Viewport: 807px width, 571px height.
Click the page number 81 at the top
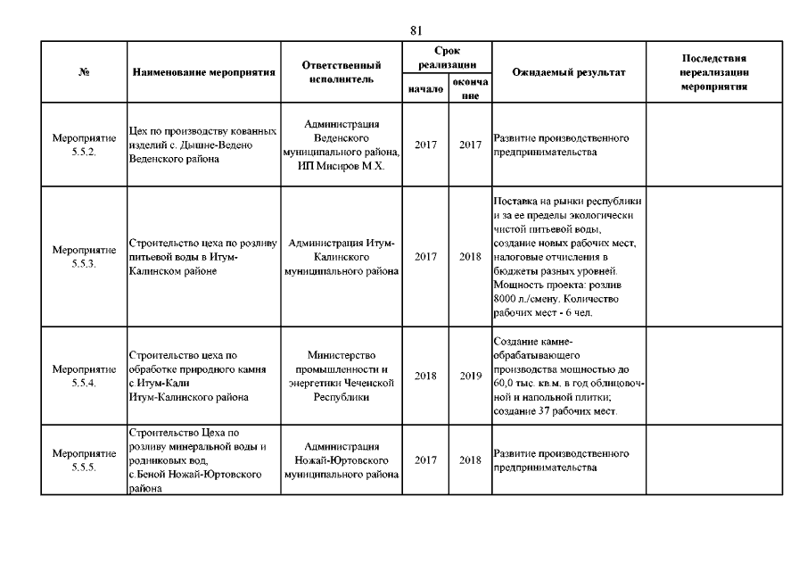point(416,29)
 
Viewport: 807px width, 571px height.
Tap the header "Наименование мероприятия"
point(203,72)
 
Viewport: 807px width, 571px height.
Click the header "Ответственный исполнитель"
point(342,72)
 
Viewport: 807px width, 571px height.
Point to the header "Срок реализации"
point(448,58)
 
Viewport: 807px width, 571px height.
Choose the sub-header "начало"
point(425,89)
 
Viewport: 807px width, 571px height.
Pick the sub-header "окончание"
point(470,89)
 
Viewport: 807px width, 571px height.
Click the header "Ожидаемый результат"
point(568,72)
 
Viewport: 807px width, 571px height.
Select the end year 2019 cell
point(470,376)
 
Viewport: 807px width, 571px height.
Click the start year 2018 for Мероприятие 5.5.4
point(425,376)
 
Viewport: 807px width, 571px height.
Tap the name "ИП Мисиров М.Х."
point(342,168)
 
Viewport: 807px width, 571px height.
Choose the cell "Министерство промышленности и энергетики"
point(342,376)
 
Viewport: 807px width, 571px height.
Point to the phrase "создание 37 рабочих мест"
point(555,410)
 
